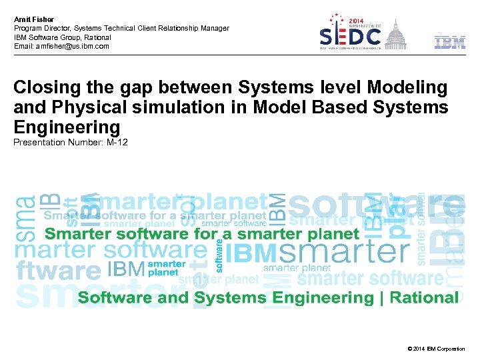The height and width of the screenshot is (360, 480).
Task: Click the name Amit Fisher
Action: [34, 19]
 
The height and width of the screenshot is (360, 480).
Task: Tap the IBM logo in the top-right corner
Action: [450, 43]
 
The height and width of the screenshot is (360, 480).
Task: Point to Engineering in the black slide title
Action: [67, 127]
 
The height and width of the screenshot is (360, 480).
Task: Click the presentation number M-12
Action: [117, 142]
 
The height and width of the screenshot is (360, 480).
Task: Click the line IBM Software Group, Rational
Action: [61, 37]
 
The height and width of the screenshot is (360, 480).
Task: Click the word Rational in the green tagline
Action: [425, 297]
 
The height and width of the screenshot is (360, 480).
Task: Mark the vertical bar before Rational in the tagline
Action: [381, 297]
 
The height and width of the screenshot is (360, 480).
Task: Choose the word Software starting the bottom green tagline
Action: [112, 297]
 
